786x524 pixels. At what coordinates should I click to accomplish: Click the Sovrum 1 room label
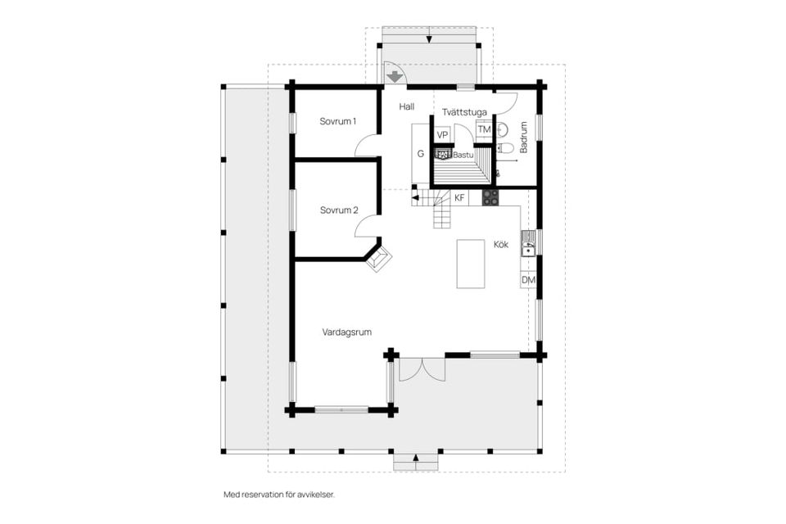[x=338, y=121]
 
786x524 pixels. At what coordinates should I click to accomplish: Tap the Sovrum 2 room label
[x=339, y=210]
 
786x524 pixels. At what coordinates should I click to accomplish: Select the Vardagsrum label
[x=347, y=332]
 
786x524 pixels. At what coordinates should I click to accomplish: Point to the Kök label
[x=501, y=244]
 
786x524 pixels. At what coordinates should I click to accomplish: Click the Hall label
[x=407, y=106]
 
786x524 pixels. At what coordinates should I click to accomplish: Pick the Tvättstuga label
[x=464, y=112]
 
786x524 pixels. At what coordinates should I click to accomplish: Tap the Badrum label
[x=524, y=137]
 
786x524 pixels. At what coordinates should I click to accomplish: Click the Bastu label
[x=463, y=155]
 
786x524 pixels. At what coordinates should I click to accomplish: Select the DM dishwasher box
[x=528, y=280]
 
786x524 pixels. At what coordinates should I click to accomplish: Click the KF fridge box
[x=459, y=197]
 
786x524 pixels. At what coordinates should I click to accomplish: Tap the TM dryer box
[x=484, y=129]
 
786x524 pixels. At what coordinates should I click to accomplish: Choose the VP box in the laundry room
[x=441, y=135]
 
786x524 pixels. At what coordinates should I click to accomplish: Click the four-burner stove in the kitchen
[x=490, y=197]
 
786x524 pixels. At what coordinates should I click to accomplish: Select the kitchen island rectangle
[x=470, y=264]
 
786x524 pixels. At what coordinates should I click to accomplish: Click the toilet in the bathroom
[x=505, y=147]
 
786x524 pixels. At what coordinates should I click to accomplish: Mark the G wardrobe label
[x=421, y=153]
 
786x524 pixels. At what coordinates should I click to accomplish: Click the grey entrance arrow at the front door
[x=395, y=77]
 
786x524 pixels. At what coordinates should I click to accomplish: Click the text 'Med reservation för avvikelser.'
[x=278, y=495]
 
